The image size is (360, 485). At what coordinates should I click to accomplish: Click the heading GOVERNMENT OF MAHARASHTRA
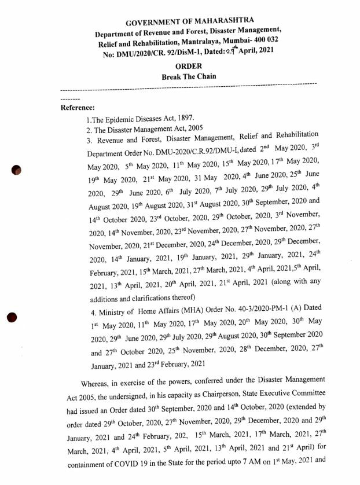pyautogui.click(x=181, y=22)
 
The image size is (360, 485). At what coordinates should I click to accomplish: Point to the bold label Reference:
pyautogui.click(x=78, y=107)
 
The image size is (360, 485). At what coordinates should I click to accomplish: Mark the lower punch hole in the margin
pyautogui.click(x=13, y=317)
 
